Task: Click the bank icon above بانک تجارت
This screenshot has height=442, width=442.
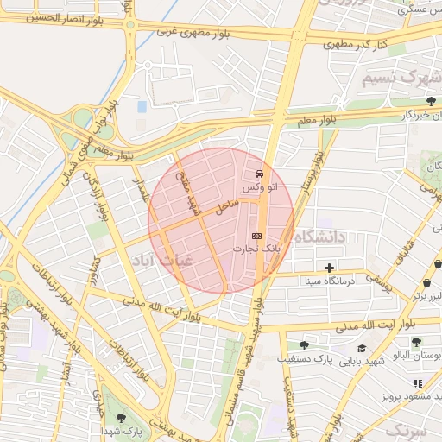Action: [x=256, y=236]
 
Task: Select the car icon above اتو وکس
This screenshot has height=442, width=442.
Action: [x=261, y=174]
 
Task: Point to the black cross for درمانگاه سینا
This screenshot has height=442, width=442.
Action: [x=329, y=268]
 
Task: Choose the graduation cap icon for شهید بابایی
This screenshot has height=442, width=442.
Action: [x=362, y=349]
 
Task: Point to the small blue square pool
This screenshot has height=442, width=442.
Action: [x=142, y=107]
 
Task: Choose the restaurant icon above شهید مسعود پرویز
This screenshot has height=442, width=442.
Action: [x=418, y=382]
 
